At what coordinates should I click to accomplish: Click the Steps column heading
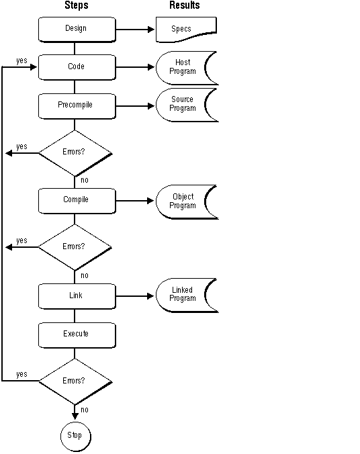click(75, 5)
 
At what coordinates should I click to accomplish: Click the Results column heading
click(184, 5)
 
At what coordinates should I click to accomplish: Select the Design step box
click(75, 29)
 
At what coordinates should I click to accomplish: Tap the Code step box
click(75, 67)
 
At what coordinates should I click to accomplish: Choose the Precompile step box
click(75, 105)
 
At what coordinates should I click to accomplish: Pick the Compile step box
click(75, 200)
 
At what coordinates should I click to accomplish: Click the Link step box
click(75, 296)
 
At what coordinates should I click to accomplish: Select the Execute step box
click(75, 334)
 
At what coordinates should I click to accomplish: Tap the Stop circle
click(75, 436)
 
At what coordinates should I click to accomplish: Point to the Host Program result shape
click(184, 67)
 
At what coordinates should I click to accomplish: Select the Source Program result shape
click(184, 104)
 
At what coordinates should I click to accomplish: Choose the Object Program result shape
click(184, 201)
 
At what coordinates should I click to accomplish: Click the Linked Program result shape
click(184, 295)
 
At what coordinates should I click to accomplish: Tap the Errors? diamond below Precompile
click(75, 152)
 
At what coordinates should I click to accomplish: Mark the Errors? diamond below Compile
click(75, 246)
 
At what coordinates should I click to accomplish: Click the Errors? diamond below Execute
click(75, 381)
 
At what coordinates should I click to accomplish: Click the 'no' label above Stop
click(84, 410)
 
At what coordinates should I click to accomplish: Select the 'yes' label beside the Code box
click(21, 60)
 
